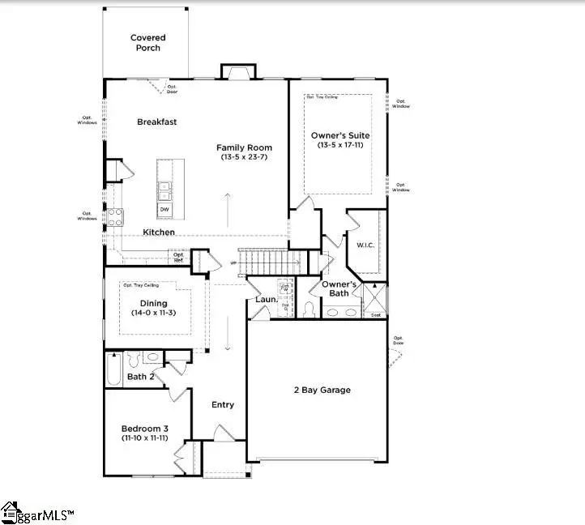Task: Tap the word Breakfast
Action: (x=156, y=122)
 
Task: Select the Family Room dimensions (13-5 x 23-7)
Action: (x=243, y=158)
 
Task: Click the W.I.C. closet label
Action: (x=365, y=244)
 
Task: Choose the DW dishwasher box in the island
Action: (x=164, y=210)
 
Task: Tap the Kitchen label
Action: (x=159, y=233)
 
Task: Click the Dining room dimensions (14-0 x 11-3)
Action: (x=154, y=313)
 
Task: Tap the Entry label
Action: (x=223, y=405)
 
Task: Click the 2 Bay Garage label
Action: (x=322, y=390)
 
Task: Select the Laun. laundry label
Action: (x=267, y=299)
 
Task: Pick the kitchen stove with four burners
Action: (x=114, y=216)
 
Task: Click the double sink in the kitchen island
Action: (x=164, y=190)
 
